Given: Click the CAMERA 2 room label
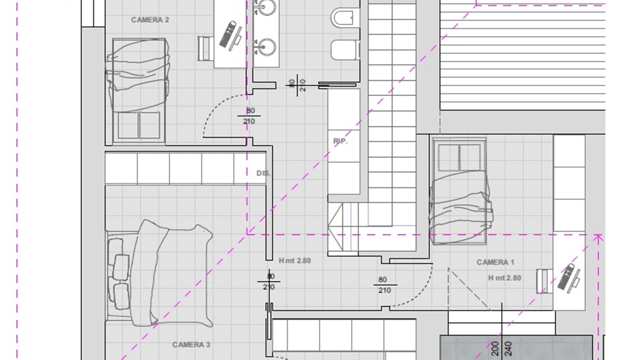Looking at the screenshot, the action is point(150,20).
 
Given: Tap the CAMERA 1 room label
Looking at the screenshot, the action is point(495,262).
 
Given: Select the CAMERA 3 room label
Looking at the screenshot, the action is point(191,345).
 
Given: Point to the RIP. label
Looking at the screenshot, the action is point(340,141).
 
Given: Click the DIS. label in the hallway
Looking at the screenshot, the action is point(263,173).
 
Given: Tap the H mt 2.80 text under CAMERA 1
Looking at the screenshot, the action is point(505,278).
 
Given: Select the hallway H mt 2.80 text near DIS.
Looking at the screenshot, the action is point(295,261).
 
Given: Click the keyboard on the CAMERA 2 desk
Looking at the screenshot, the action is point(228,34).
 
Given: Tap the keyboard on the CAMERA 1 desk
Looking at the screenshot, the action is point(566,277).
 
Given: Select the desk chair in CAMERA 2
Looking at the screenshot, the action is point(205,49).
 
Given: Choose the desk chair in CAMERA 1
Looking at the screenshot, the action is point(545,282).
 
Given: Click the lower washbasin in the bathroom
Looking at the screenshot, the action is point(266,47).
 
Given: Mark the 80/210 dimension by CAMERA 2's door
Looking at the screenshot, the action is point(249,116).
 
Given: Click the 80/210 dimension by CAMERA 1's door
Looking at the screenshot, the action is point(385,285).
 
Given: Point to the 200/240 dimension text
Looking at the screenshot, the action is point(502,349).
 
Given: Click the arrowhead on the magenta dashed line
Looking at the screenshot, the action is point(598,239).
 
